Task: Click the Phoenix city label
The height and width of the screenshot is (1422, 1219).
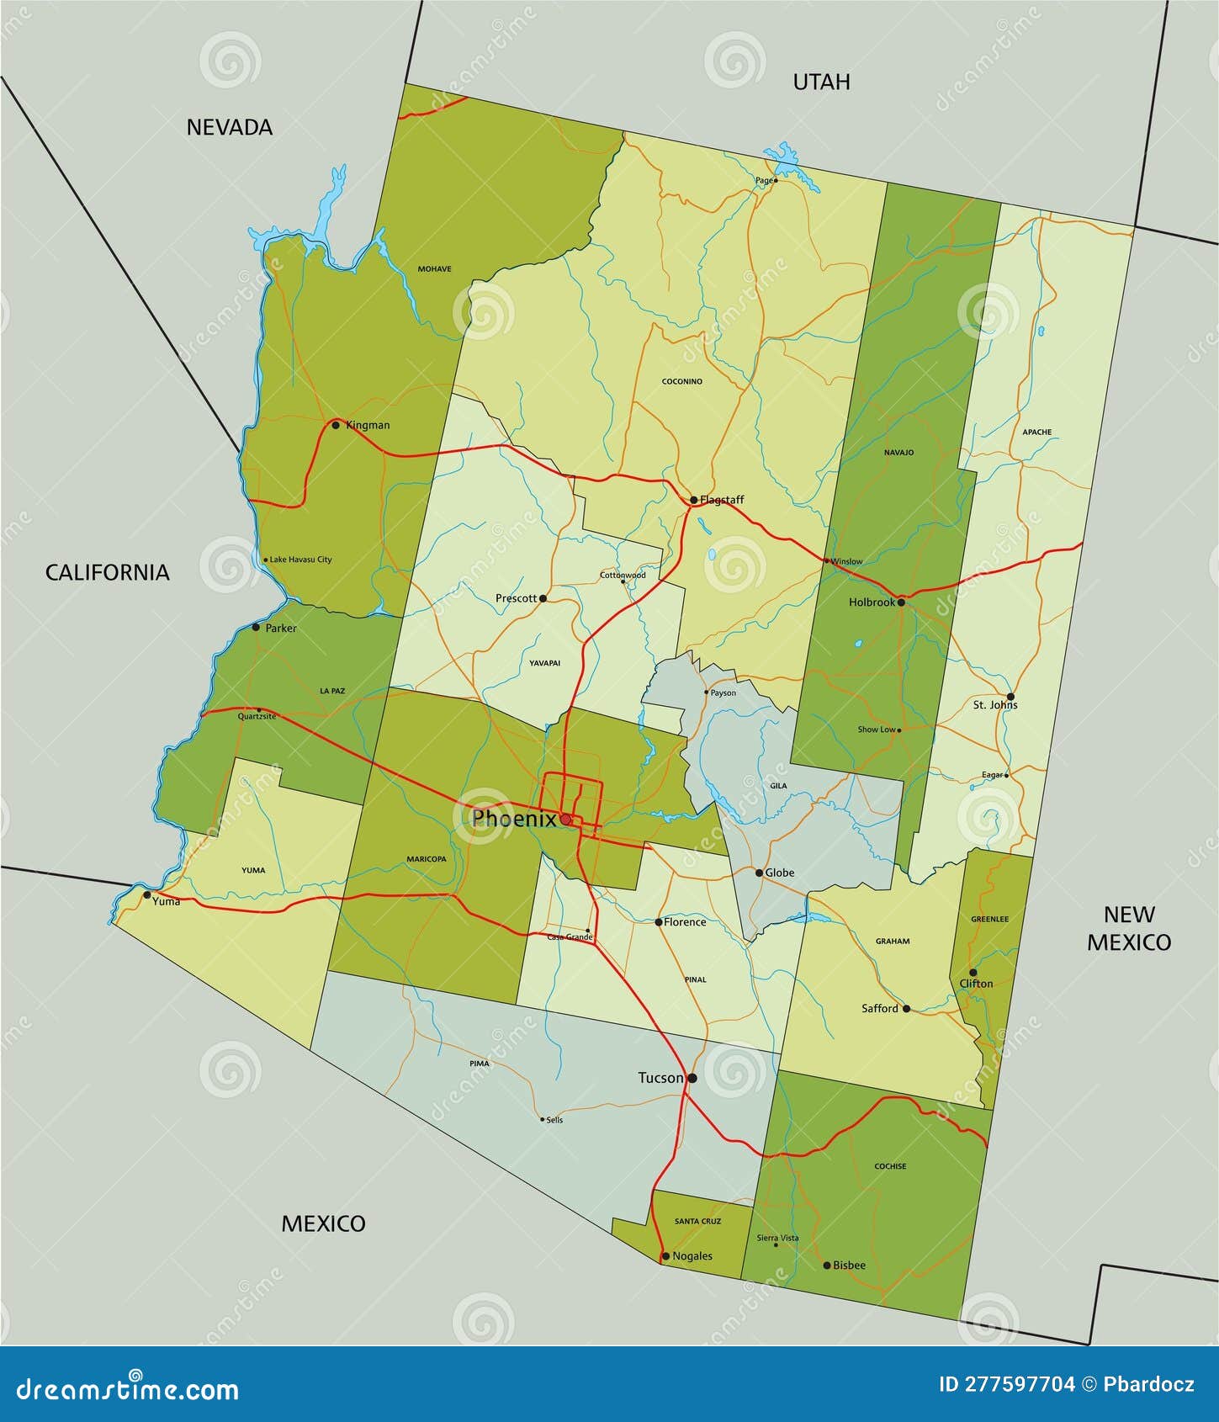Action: click(513, 819)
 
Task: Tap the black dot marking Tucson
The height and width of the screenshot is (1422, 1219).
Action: click(692, 1078)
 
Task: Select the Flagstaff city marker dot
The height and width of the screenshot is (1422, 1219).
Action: click(693, 500)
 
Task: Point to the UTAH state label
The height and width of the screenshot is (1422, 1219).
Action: click(821, 82)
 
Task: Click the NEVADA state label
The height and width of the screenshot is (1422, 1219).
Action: click(230, 127)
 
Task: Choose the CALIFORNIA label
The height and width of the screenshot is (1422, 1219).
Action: click(107, 572)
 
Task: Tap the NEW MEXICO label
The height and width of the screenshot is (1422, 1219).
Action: click(1129, 928)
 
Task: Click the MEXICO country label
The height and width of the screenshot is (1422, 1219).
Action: click(323, 1223)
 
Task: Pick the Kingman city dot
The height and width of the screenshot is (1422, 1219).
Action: click(336, 425)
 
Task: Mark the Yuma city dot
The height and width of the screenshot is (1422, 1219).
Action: click(147, 894)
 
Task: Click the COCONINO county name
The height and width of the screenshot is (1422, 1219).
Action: click(681, 382)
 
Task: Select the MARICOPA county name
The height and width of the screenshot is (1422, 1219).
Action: click(427, 859)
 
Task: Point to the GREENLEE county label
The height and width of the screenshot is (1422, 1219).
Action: click(989, 919)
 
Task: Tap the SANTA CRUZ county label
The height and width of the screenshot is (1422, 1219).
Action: click(698, 1221)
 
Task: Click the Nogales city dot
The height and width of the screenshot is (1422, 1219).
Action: click(665, 1256)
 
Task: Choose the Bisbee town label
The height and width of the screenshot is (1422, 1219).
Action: click(849, 1265)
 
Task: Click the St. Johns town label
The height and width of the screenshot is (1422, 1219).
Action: click(995, 705)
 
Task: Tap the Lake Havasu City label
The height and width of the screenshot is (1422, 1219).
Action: click(300, 560)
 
